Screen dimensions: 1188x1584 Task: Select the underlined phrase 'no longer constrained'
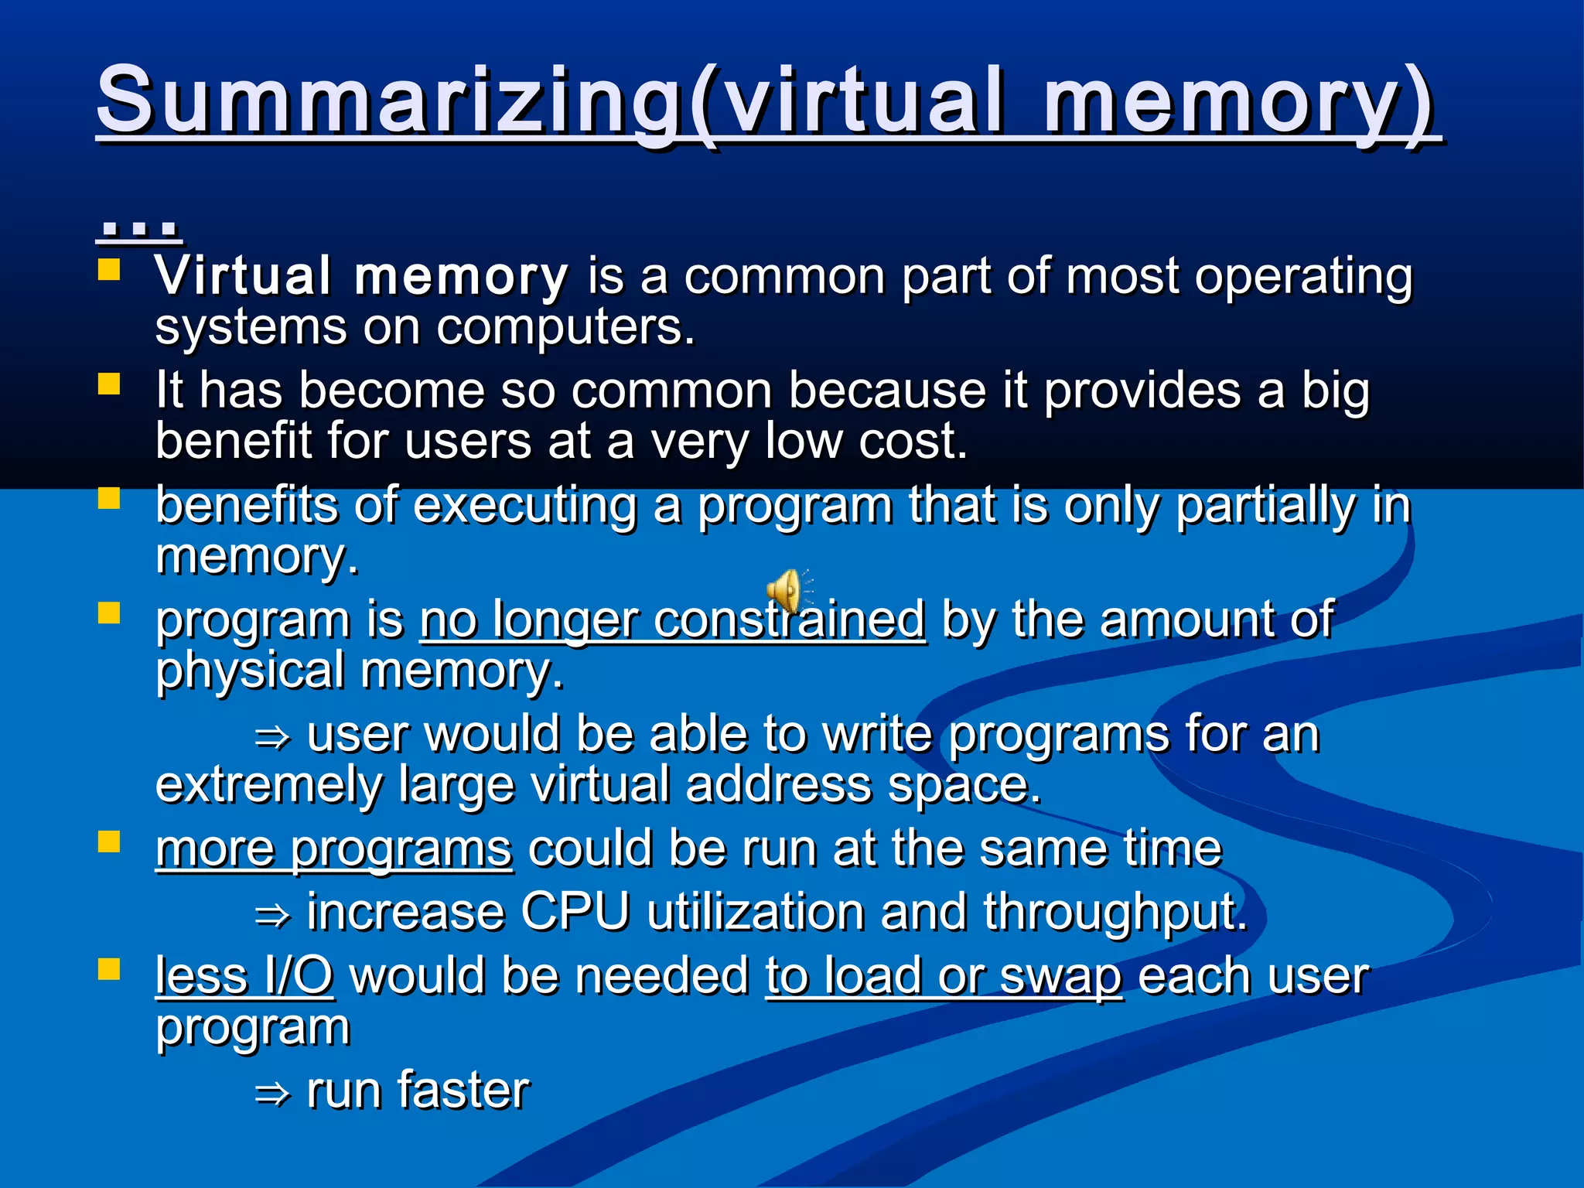(x=672, y=620)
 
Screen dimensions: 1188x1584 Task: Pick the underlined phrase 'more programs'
(x=333, y=848)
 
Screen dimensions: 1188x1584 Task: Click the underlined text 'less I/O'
(x=244, y=975)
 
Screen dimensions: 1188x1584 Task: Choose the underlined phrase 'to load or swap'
(x=944, y=975)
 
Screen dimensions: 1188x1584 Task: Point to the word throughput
(x=1115, y=913)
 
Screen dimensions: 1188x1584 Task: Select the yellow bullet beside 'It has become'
(x=109, y=384)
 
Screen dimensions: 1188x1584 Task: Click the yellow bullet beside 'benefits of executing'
(x=109, y=498)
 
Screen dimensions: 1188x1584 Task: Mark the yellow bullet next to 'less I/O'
(x=109, y=969)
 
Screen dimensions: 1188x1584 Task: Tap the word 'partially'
(x=1265, y=506)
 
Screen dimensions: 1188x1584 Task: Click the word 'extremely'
(x=268, y=785)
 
